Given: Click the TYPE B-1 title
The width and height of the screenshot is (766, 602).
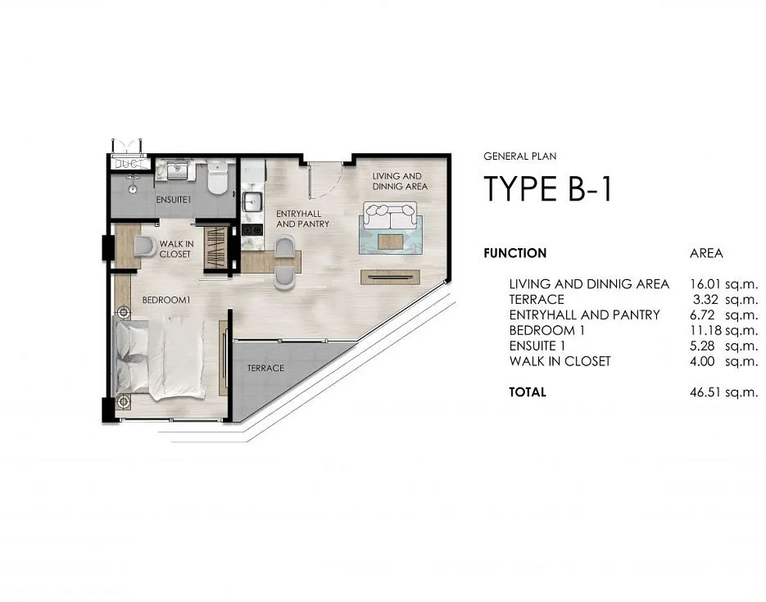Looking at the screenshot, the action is click(547, 189).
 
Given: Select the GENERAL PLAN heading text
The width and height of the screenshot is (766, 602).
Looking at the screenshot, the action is click(519, 156).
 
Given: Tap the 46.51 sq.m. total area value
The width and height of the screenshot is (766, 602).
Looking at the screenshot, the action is click(723, 392).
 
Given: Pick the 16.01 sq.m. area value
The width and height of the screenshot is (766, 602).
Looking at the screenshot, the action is click(723, 283).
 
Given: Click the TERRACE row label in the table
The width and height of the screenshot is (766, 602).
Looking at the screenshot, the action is click(537, 299).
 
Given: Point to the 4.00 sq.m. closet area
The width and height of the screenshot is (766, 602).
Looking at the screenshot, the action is click(723, 361).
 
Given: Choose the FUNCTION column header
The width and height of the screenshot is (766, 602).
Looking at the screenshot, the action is click(515, 253).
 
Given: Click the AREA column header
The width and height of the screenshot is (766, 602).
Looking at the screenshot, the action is click(706, 253).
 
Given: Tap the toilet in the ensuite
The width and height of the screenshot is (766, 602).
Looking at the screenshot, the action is click(217, 179).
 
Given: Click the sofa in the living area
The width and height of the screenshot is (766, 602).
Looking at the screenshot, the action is click(390, 217).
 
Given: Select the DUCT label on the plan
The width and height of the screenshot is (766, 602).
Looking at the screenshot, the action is click(130, 164).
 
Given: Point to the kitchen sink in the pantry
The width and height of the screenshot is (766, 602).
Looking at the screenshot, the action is click(252, 201).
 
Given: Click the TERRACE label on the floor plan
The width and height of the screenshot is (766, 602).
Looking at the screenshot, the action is click(265, 368).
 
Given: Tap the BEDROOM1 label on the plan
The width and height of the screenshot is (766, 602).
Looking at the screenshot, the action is click(165, 300).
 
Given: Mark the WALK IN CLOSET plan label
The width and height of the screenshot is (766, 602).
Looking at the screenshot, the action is click(176, 249).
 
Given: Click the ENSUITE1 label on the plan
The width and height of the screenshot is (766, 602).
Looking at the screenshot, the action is click(174, 200).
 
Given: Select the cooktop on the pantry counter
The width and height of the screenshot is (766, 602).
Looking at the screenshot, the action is click(252, 229).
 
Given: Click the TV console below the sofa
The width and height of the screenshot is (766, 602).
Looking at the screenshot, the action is click(390, 278).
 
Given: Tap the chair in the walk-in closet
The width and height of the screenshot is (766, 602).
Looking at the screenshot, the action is click(145, 247).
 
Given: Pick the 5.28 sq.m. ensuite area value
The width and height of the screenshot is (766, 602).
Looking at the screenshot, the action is click(723, 346).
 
